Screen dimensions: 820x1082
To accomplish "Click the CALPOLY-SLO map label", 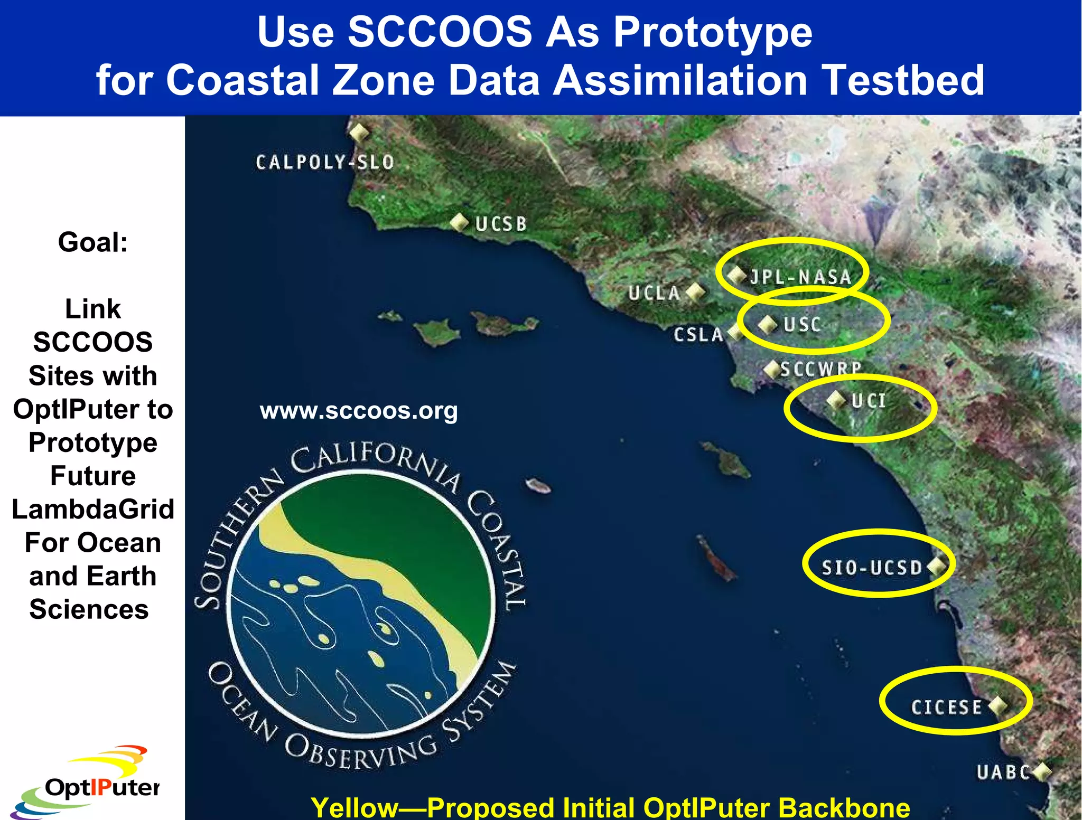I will [324, 162].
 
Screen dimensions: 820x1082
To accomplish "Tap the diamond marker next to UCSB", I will [460, 222].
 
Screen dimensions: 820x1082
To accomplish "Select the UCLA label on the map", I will [654, 293].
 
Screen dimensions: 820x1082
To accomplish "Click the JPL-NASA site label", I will [800, 277].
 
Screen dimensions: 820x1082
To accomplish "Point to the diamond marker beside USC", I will [767, 324].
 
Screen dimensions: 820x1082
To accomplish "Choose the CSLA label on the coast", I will [698, 335].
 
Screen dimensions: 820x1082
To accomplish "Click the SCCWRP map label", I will [820, 369].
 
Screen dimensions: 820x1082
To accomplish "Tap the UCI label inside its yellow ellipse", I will [869, 401].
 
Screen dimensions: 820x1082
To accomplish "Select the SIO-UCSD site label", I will [872, 568].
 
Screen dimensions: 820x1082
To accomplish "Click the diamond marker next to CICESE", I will [997, 705].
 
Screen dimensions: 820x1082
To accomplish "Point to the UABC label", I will [1003, 772].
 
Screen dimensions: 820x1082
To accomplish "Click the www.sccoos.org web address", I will [359, 411].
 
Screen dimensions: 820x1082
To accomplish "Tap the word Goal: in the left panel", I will [93, 242].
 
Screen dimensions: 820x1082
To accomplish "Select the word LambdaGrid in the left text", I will [93, 510].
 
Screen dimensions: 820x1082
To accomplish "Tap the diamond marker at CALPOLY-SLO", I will [359, 132].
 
